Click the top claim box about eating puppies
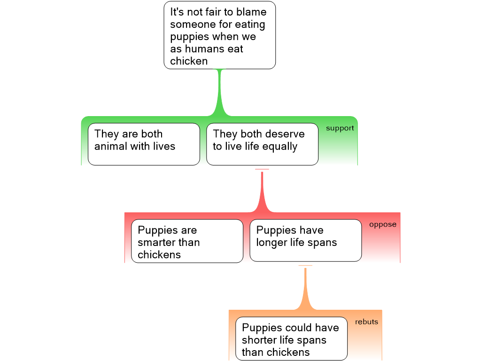219,36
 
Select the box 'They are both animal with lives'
144,144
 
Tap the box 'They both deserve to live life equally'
262,144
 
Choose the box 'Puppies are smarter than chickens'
187,241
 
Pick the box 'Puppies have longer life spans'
305,240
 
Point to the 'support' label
340,128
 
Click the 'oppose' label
382,224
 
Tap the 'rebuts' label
366,322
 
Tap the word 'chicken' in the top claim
189,61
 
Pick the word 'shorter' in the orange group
261,340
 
